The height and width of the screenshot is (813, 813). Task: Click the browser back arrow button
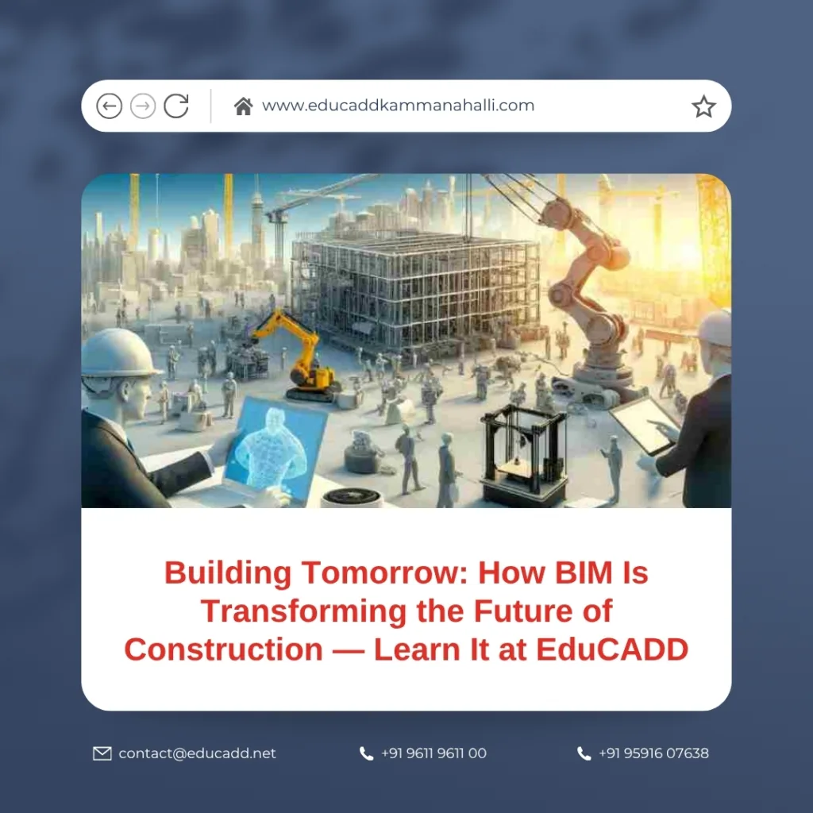[109, 106]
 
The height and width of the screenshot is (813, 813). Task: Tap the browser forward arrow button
[143, 106]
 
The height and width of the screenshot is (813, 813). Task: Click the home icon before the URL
[243, 106]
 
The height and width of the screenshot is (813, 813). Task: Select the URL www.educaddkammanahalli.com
[398, 106]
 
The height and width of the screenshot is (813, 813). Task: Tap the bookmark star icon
[703, 106]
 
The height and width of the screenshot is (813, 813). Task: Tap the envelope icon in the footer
[102, 753]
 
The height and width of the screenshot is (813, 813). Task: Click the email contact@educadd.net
[197, 753]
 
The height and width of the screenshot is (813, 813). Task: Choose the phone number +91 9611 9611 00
[433, 753]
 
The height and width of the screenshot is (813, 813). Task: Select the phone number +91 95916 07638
[653, 753]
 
